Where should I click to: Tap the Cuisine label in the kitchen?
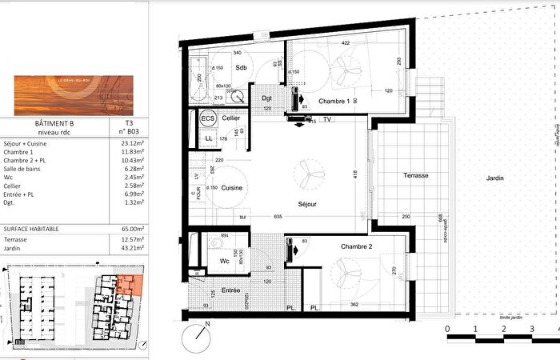(232, 188)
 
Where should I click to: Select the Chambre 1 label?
(334, 102)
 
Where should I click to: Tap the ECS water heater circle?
(208, 118)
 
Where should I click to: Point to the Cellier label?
(231, 118)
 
